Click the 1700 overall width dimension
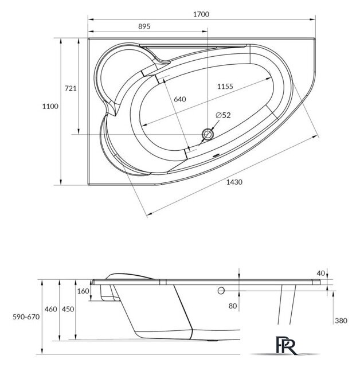click(201, 14)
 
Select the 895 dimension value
click(144, 26)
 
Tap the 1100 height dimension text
click(50, 107)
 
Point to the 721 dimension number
click(71, 88)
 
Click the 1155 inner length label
click(225, 87)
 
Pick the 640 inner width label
click(180, 99)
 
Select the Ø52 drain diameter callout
click(223, 115)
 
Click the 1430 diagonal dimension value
click(234, 182)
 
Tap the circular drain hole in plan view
click(208, 134)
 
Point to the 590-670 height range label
click(26, 317)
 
